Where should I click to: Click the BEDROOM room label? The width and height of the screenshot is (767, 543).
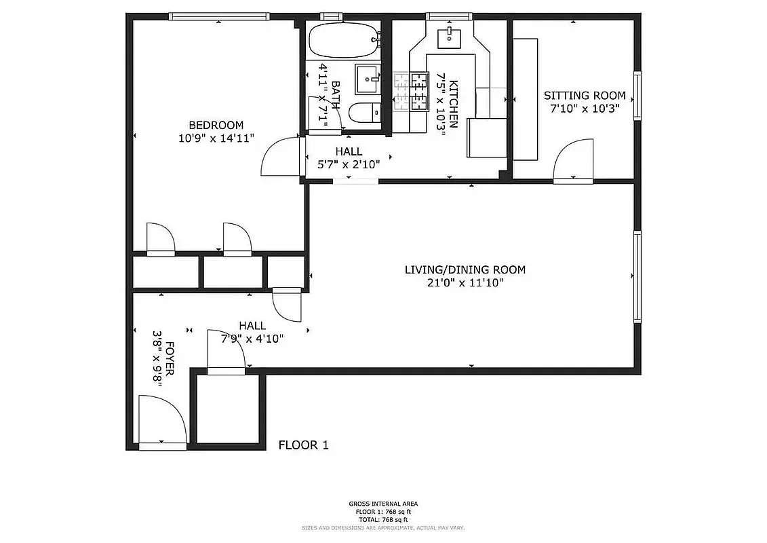(216, 125)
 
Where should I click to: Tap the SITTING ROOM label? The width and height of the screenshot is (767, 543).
(581, 96)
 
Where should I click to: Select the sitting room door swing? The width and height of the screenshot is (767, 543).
(573, 161)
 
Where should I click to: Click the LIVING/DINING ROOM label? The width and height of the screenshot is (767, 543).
(465, 269)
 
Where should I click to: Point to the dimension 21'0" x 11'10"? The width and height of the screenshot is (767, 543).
(465, 283)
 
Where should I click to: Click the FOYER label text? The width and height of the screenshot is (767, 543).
(170, 358)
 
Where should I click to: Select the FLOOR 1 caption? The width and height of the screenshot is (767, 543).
(304, 445)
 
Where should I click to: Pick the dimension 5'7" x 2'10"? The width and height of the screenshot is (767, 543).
(349, 164)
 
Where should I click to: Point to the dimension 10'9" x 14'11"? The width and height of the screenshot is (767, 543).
(216, 138)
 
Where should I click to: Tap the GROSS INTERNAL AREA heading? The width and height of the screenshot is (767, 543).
(383, 504)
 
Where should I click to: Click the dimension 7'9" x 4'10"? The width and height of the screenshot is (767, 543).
(252, 338)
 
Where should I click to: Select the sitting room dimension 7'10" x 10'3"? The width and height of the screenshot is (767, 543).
(581, 108)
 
